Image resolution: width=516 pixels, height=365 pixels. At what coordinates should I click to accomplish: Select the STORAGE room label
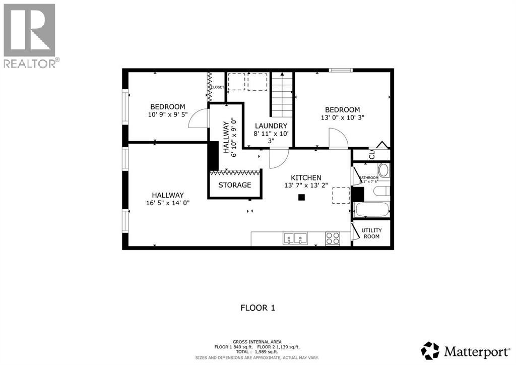(x=235, y=185)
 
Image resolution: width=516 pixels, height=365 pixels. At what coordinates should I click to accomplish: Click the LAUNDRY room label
(x=271, y=126)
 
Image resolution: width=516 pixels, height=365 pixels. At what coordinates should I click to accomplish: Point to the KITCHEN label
(x=306, y=178)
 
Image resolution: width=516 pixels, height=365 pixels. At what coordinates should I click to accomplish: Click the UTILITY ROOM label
(x=371, y=233)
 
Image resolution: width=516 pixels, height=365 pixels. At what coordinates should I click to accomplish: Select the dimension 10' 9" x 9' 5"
(x=167, y=114)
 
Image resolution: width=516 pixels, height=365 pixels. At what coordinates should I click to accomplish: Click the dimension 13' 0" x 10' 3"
(x=342, y=117)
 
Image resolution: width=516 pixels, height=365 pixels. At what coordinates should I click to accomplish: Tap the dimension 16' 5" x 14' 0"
(x=168, y=203)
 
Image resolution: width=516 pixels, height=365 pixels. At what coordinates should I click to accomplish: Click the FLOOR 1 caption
(x=258, y=308)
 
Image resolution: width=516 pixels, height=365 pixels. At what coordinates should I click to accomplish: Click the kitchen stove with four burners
(x=333, y=238)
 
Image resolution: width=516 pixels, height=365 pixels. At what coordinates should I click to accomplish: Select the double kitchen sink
(x=295, y=238)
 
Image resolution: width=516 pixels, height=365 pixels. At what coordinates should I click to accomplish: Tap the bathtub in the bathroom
(x=371, y=210)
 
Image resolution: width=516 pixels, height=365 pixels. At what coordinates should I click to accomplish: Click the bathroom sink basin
(x=383, y=170)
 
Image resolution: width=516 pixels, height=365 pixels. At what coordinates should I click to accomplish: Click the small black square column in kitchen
(x=301, y=197)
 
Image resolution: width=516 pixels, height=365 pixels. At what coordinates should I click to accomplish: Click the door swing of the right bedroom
(x=338, y=138)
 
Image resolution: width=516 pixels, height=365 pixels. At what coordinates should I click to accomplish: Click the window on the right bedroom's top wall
(x=341, y=70)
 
